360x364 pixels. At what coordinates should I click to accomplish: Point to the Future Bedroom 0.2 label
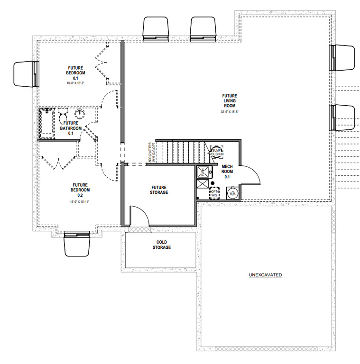click(x=77, y=190)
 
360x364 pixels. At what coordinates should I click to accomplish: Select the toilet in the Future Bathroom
click(x=63, y=114)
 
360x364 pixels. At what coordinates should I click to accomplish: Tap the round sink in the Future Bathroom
click(x=80, y=113)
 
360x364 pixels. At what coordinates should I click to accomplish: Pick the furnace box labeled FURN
click(x=201, y=171)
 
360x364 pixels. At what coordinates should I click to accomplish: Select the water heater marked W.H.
click(x=233, y=193)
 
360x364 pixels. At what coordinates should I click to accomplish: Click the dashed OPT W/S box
click(x=214, y=193)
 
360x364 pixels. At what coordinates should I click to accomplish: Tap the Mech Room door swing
click(x=251, y=175)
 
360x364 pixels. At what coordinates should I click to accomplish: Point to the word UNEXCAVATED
click(x=266, y=275)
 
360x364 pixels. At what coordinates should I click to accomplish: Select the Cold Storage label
click(x=161, y=245)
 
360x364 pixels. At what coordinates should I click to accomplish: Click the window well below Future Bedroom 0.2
click(x=77, y=243)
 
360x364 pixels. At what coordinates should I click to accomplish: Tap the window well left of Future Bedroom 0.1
click(x=25, y=74)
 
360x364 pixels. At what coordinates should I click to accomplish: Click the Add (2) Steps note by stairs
click(x=151, y=153)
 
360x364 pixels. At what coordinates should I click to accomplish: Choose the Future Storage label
click(x=159, y=190)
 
